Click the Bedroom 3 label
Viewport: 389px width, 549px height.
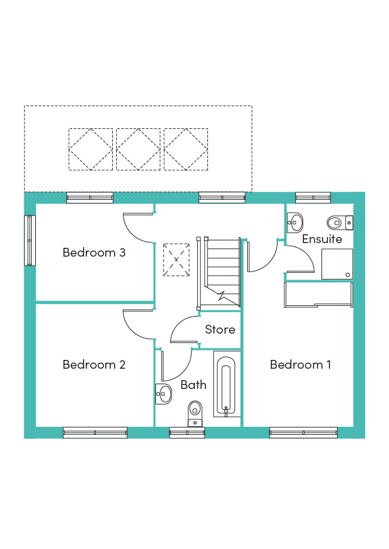[x=94, y=253]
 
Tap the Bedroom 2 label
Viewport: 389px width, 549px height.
[x=94, y=365]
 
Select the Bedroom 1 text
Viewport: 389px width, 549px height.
[x=301, y=365]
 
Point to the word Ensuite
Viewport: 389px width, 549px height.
[x=321, y=239]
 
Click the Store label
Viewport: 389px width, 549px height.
[x=220, y=330]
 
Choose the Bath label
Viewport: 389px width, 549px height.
[x=193, y=385]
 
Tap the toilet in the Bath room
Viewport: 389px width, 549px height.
[x=195, y=413]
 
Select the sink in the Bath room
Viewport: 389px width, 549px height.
[x=163, y=394]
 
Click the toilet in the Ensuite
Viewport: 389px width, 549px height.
[x=340, y=222]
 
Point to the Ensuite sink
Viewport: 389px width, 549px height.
[x=295, y=222]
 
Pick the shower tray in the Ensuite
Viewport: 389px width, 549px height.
[x=337, y=264]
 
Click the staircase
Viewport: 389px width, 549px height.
[x=219, y=273]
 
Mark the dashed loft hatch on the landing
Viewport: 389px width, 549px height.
[x=176, y=260]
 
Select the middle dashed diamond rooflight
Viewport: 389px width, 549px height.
[x=138, y=149]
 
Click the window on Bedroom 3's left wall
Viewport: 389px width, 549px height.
[x=30, y=240]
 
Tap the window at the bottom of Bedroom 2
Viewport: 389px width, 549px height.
[x=95, y=433]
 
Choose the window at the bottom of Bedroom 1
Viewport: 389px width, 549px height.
[x=303, y=433]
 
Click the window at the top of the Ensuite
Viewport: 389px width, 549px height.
[x=313, y=198]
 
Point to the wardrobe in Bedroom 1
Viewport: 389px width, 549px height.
[x=318, y=295]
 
